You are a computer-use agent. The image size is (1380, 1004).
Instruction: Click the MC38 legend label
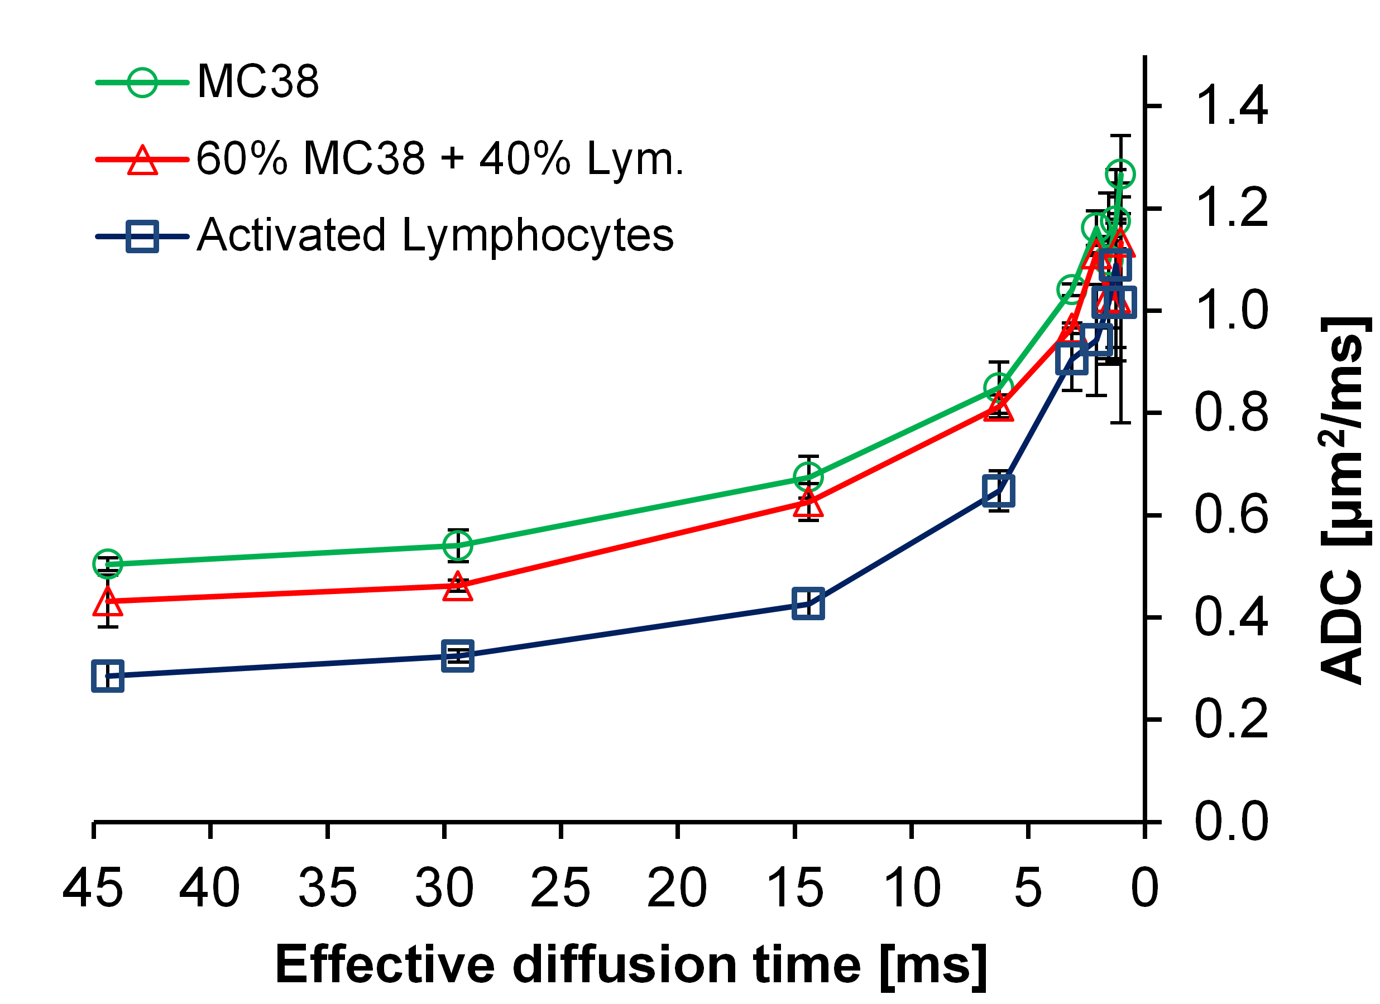click(x=258, y=81)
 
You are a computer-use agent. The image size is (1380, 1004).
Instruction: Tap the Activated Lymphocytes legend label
click(x=435, y=235)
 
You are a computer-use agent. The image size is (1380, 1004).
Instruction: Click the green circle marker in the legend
click(x=142, y=81)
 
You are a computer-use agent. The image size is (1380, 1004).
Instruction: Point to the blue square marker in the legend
click(x=142, y=236)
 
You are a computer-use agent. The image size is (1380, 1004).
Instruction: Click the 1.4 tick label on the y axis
click(x=1231, y=107)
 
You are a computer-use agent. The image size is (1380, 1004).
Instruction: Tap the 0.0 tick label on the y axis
click(x=1231, y=822)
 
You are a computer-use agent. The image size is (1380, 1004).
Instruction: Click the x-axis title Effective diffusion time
click(x=630, y=965)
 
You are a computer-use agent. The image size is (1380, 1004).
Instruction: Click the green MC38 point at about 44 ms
click(x=108, y=564)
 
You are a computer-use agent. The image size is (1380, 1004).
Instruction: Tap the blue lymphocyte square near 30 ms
click(x=458, y=656)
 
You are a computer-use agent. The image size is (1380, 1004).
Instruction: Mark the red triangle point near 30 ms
click(x=458, y=587)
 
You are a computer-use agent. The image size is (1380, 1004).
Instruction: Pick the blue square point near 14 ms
click(x=808, y=604)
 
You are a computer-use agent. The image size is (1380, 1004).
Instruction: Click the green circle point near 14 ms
click(x=808, y=476)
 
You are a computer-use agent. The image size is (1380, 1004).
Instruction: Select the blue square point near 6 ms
click(x=999, y=491)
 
